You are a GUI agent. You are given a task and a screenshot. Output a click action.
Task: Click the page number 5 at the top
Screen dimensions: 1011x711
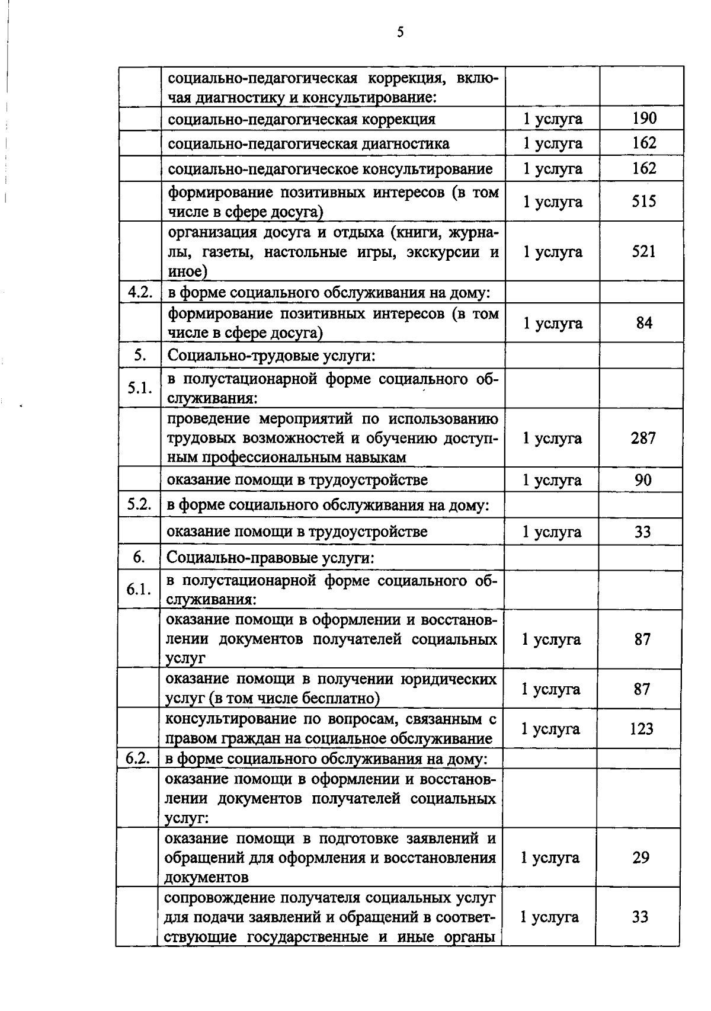(401, 33)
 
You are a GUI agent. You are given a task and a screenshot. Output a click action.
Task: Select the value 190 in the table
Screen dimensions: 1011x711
(644, 118)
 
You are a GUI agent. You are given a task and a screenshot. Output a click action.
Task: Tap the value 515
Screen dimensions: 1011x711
(644, 201)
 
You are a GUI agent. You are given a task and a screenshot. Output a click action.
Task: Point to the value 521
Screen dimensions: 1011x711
(644, 251)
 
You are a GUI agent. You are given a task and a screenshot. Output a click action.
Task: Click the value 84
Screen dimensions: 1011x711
(644, 323)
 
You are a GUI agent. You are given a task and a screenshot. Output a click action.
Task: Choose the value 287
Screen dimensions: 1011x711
(643, 438)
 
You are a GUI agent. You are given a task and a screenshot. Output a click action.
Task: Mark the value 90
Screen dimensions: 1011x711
(643, 479)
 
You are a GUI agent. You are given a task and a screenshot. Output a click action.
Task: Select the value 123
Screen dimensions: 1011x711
(642, 728)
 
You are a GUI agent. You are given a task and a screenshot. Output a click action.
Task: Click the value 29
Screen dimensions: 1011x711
(641, 858)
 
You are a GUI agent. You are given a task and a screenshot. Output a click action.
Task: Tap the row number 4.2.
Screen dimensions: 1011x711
(140, 292)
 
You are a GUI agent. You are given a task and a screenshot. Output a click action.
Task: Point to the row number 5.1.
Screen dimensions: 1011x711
(140, 388)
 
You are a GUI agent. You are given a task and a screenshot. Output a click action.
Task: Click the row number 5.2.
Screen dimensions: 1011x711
(139, 505)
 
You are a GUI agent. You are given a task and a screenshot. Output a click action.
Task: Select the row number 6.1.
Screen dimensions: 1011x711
(139, 590)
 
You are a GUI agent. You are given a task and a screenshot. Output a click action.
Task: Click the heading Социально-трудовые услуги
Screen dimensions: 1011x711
(272, 356)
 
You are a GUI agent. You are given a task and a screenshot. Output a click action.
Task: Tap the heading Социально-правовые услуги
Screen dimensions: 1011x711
(271, 558)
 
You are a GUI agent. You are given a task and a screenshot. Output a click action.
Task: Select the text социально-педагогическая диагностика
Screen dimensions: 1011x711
(309, 143)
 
